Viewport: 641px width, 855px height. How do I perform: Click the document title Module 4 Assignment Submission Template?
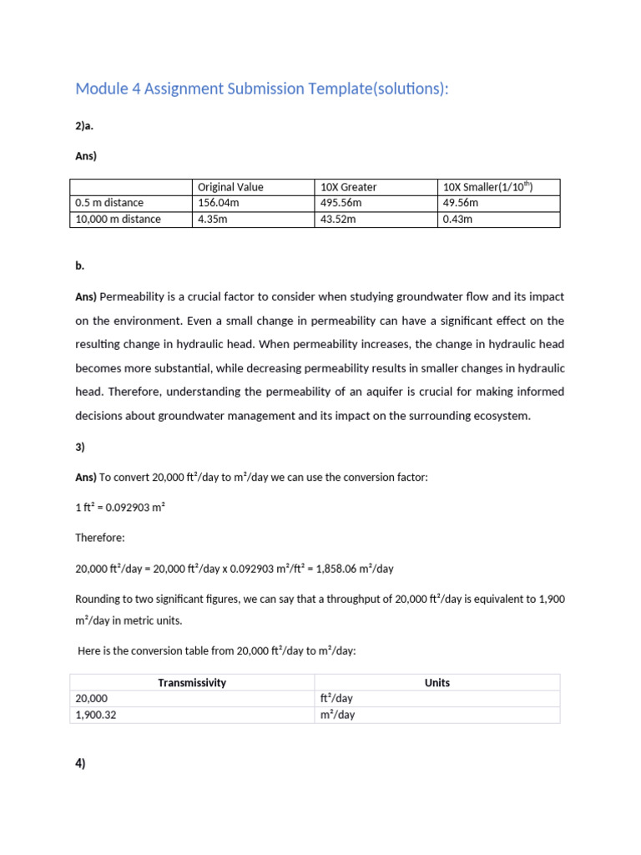click(261, 89)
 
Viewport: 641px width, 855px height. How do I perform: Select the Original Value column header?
click(230, 187)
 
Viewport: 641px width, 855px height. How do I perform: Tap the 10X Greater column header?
click(348, 187)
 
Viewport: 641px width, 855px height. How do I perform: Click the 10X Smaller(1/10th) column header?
click(487, 187)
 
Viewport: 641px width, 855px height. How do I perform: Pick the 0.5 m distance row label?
click(109, 203)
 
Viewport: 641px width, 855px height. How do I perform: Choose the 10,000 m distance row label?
click(118, 219)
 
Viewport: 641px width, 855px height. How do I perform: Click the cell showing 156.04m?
click(219, 203)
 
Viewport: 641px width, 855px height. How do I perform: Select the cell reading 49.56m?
click(461, 203)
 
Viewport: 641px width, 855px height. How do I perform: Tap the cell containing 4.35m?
click(214, 219)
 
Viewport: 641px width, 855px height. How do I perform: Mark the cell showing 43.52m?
click(338, 219)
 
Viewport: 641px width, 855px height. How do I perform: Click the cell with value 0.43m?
click(457, 219)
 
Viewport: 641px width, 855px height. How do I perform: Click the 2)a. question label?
click(85, 126)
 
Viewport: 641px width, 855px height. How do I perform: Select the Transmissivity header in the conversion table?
click(192, 683)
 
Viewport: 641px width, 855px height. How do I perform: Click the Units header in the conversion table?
click(437, 683)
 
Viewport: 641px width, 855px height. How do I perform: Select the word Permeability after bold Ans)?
click(134, 296)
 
